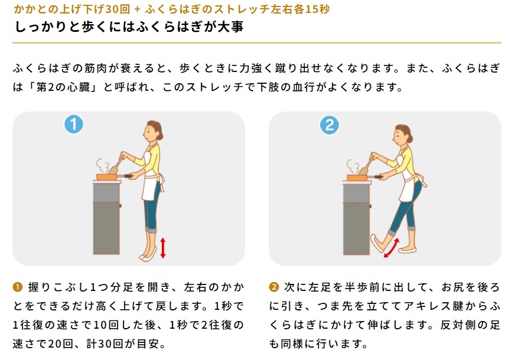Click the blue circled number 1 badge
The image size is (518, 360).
tap(73, 124)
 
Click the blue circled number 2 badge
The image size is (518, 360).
tap(330, 125)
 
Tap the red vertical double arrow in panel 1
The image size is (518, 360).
tap(162, 248)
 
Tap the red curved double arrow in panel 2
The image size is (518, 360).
tap(392, 248)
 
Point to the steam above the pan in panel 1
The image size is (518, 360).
tap(102, 166)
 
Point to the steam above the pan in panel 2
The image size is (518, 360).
tap(353, 166)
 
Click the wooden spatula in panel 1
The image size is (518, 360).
tap(116, 166)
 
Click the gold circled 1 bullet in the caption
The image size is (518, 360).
tap(18, 287)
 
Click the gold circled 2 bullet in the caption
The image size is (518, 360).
tap(273, 287)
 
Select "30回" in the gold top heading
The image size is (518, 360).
tap(118, 9)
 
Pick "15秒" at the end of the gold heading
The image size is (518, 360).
tap(317, 9)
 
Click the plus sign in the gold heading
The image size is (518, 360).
tap(138, 9)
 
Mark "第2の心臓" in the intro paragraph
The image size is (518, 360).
tap(63, 87)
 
